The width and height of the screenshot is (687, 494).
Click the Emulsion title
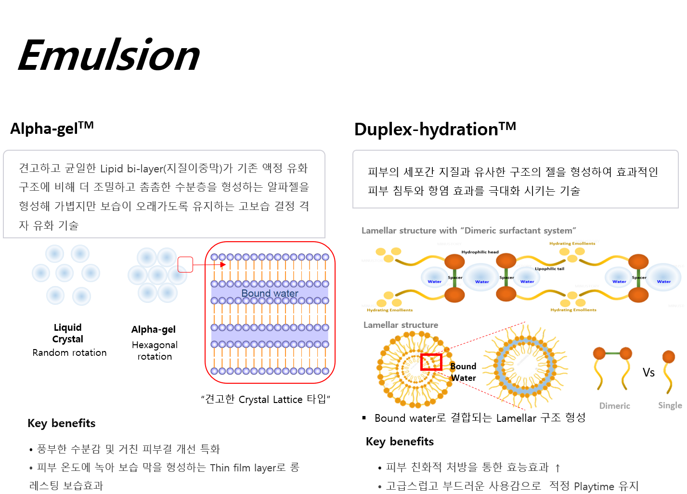tap(109, 55)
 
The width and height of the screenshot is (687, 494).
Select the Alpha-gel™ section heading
tap(52, 128)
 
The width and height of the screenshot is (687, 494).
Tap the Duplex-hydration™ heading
tap(435, 129)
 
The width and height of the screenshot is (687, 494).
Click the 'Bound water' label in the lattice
tap(270, 293)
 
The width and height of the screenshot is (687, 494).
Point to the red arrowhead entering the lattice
tap(223, 264)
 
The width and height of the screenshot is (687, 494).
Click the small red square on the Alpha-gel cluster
tap(185, 264)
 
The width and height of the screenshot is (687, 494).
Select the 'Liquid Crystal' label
tap(68, 333)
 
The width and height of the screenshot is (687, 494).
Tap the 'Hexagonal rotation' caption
tap(155, 351)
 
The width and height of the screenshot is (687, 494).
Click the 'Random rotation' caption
tap(69, 352)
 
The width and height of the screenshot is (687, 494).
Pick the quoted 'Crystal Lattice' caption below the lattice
tap(265, 399)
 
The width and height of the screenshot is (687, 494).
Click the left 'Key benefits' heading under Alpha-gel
tap(62, 423)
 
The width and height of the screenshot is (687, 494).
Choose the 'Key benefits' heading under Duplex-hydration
tap(400, 442)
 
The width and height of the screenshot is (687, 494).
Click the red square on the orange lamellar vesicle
tap(431, 362)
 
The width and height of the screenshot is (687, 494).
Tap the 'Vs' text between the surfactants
tap(648, 372)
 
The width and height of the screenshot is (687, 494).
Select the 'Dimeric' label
tap(614, 406)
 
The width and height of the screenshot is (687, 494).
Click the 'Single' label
tap(670, 405)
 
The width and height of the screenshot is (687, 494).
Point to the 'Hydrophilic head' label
tap(480, 252)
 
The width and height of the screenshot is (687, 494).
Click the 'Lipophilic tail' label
tap(549, 269)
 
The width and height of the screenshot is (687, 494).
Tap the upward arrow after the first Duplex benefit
tap(557, 468)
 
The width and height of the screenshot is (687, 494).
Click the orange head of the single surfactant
tap(668, 357)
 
